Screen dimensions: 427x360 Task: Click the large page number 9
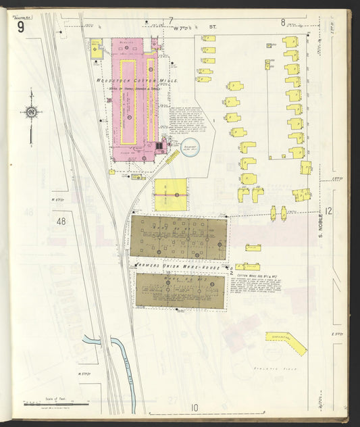[x=22, y=27]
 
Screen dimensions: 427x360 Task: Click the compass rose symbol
[x=31, y=112]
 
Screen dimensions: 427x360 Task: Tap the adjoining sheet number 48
[x=62, y=221]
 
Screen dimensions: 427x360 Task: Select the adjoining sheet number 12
[x=328, y=211]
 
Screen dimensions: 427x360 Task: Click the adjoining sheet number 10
[x=195, y=407]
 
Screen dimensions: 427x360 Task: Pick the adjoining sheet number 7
[x=171, y=20]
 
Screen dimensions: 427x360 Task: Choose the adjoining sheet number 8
[x=284, y=22]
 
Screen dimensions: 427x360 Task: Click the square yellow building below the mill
[x=171, y=194]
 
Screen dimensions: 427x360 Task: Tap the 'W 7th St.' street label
[x=196, y=28]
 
